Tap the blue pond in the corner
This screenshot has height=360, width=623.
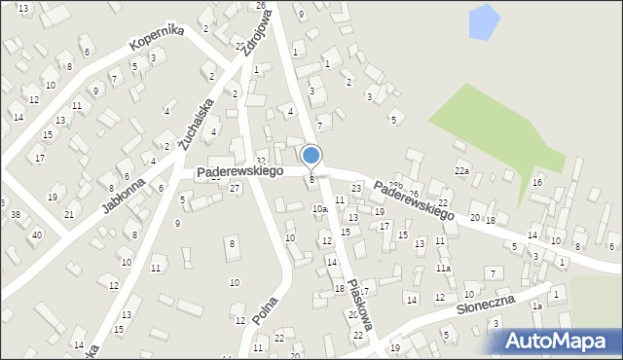(x=483, y=21)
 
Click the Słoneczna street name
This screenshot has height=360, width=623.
(x=485, y=308)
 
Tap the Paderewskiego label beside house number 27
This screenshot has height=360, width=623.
(x=239, y=171)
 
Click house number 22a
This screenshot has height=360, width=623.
(x=461, y=171)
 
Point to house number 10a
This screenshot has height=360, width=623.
(x=318, y=208)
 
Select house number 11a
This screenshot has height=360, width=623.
(x=443, y=268)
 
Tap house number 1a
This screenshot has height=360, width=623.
(x=536, y=306)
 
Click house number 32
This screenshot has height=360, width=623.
(x=260, y=161)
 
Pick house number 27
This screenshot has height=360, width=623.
(x=235, y=187)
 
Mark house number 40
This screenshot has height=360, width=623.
(x=37, y=234)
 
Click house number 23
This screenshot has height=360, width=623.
(x=356, y=188)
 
